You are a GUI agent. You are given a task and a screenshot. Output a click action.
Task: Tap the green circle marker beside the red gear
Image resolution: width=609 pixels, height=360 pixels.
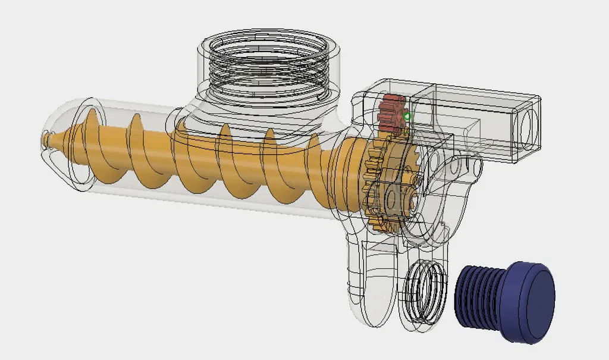(407, 117)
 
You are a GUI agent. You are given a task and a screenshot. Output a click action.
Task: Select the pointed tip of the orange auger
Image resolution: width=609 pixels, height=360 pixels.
(46, 139)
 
